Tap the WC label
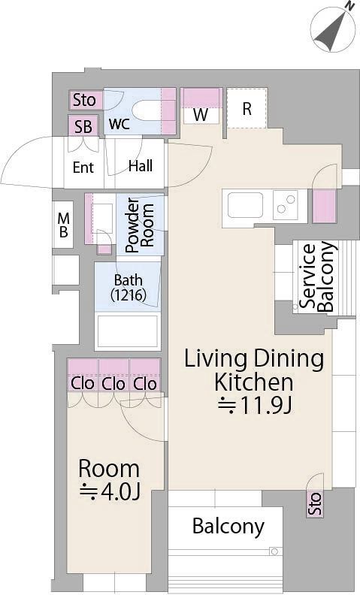coord(119,124)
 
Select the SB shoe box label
coord(83,127)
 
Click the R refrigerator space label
coord(247,109)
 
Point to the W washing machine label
coord(201,115)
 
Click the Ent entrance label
coord(83,167)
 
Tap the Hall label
coord(141,166)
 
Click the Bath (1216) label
coord(129,287)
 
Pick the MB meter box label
coord(63,225)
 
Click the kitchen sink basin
coord(245,205)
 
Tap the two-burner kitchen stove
coord(286,204)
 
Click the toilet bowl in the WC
coord(148,110)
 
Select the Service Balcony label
coord(317,276)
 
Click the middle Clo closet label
coord(113,384)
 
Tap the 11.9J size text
coord(256,406)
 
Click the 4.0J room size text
coord(110,492)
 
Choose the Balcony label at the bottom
coord(228,527)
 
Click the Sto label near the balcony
coord(315,503)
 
